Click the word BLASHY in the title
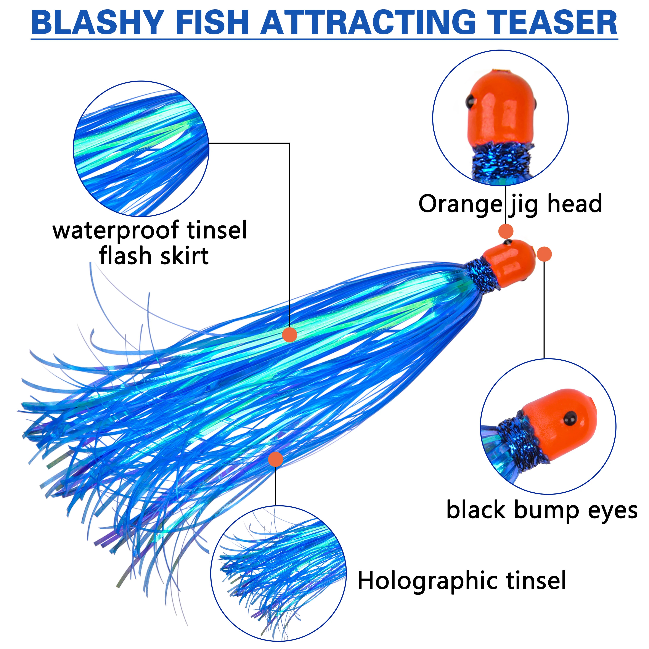click(97, 23)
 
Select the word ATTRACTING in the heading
click(368, 23)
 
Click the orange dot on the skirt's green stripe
click(290, 335)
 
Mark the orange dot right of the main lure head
click(544, 254)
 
